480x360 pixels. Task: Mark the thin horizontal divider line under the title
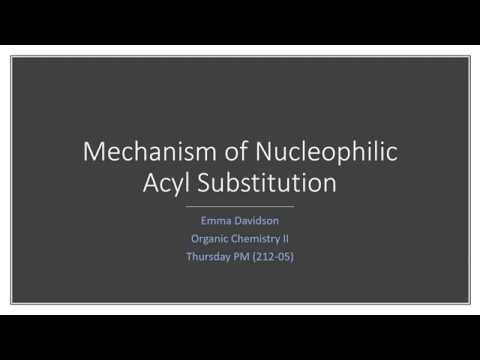(x=240, y=205)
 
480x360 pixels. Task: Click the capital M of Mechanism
(x=92, y=153)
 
